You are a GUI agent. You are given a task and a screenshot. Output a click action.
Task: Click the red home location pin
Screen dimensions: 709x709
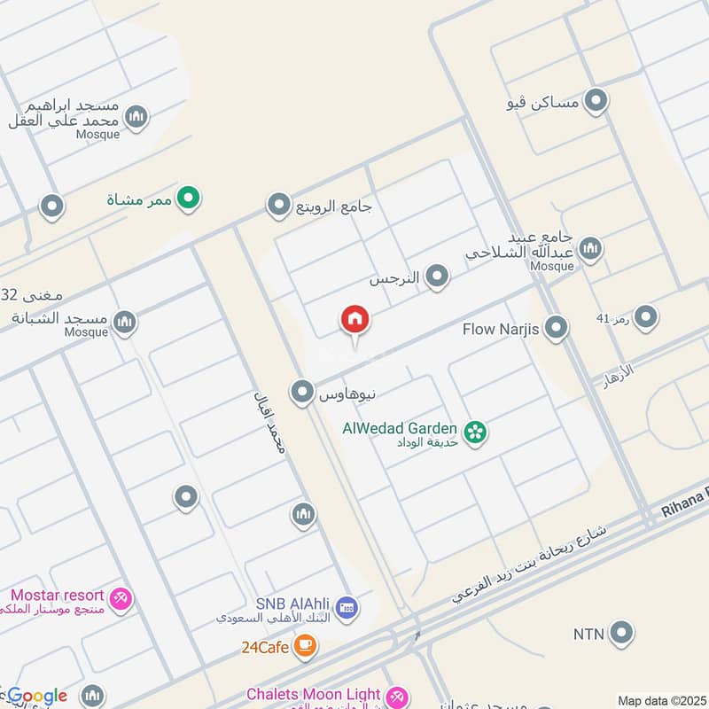point(355,319)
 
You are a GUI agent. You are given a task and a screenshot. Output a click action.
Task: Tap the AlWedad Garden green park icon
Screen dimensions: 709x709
point(476,432)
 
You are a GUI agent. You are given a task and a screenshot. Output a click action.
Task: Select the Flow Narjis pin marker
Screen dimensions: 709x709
point(556,329)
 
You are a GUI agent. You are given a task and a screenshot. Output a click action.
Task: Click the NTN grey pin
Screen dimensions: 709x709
point(623,633)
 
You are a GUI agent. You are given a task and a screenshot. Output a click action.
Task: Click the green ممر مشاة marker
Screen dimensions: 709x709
point(187,199)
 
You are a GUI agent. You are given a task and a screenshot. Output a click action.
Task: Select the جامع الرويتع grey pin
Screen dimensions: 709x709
point(279,206)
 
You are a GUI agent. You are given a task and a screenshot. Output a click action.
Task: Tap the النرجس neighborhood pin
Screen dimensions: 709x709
point(436,278)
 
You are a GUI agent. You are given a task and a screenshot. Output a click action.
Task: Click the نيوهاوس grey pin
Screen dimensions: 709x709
point(303,391)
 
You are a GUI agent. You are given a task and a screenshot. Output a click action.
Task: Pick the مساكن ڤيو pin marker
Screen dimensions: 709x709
point(596,102)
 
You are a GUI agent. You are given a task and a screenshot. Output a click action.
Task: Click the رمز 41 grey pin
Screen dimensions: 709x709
point(645,317)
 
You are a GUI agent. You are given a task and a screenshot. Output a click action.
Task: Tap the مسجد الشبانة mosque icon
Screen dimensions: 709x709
point(124,323)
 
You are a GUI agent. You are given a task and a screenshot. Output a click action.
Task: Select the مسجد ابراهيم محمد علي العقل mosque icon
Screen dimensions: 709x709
point(136,116)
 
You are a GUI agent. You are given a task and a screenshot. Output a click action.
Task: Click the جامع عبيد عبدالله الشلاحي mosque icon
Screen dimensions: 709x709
point(589,249)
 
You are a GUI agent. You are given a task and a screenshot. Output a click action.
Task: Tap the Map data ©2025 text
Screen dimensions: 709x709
point(661,700)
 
